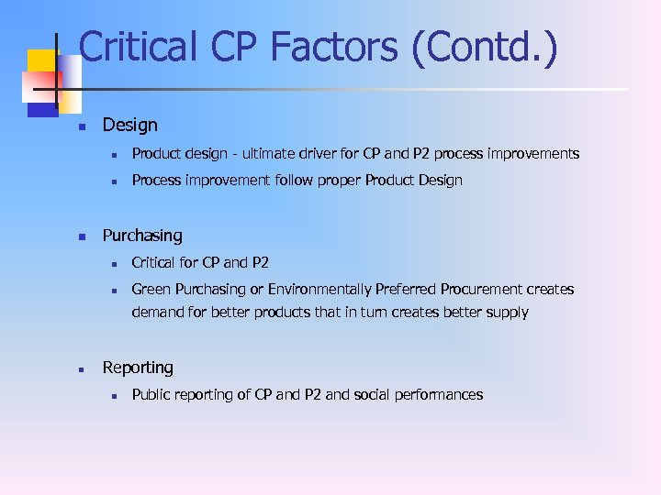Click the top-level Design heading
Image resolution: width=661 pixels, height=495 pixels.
[x=129, y=125]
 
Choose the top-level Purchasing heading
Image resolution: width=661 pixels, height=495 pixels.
[x=142, y=236]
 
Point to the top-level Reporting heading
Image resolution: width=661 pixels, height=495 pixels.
[x=138, y=368]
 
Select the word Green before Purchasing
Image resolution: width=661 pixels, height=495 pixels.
[x=151, y=290]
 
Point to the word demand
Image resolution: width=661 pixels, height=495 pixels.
[x=157, y=313]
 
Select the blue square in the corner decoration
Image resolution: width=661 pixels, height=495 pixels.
[x=42, y=106]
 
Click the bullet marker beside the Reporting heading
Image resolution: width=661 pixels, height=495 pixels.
[x=81, y=369]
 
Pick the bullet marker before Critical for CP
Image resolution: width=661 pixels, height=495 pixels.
[x=110, y=264]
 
